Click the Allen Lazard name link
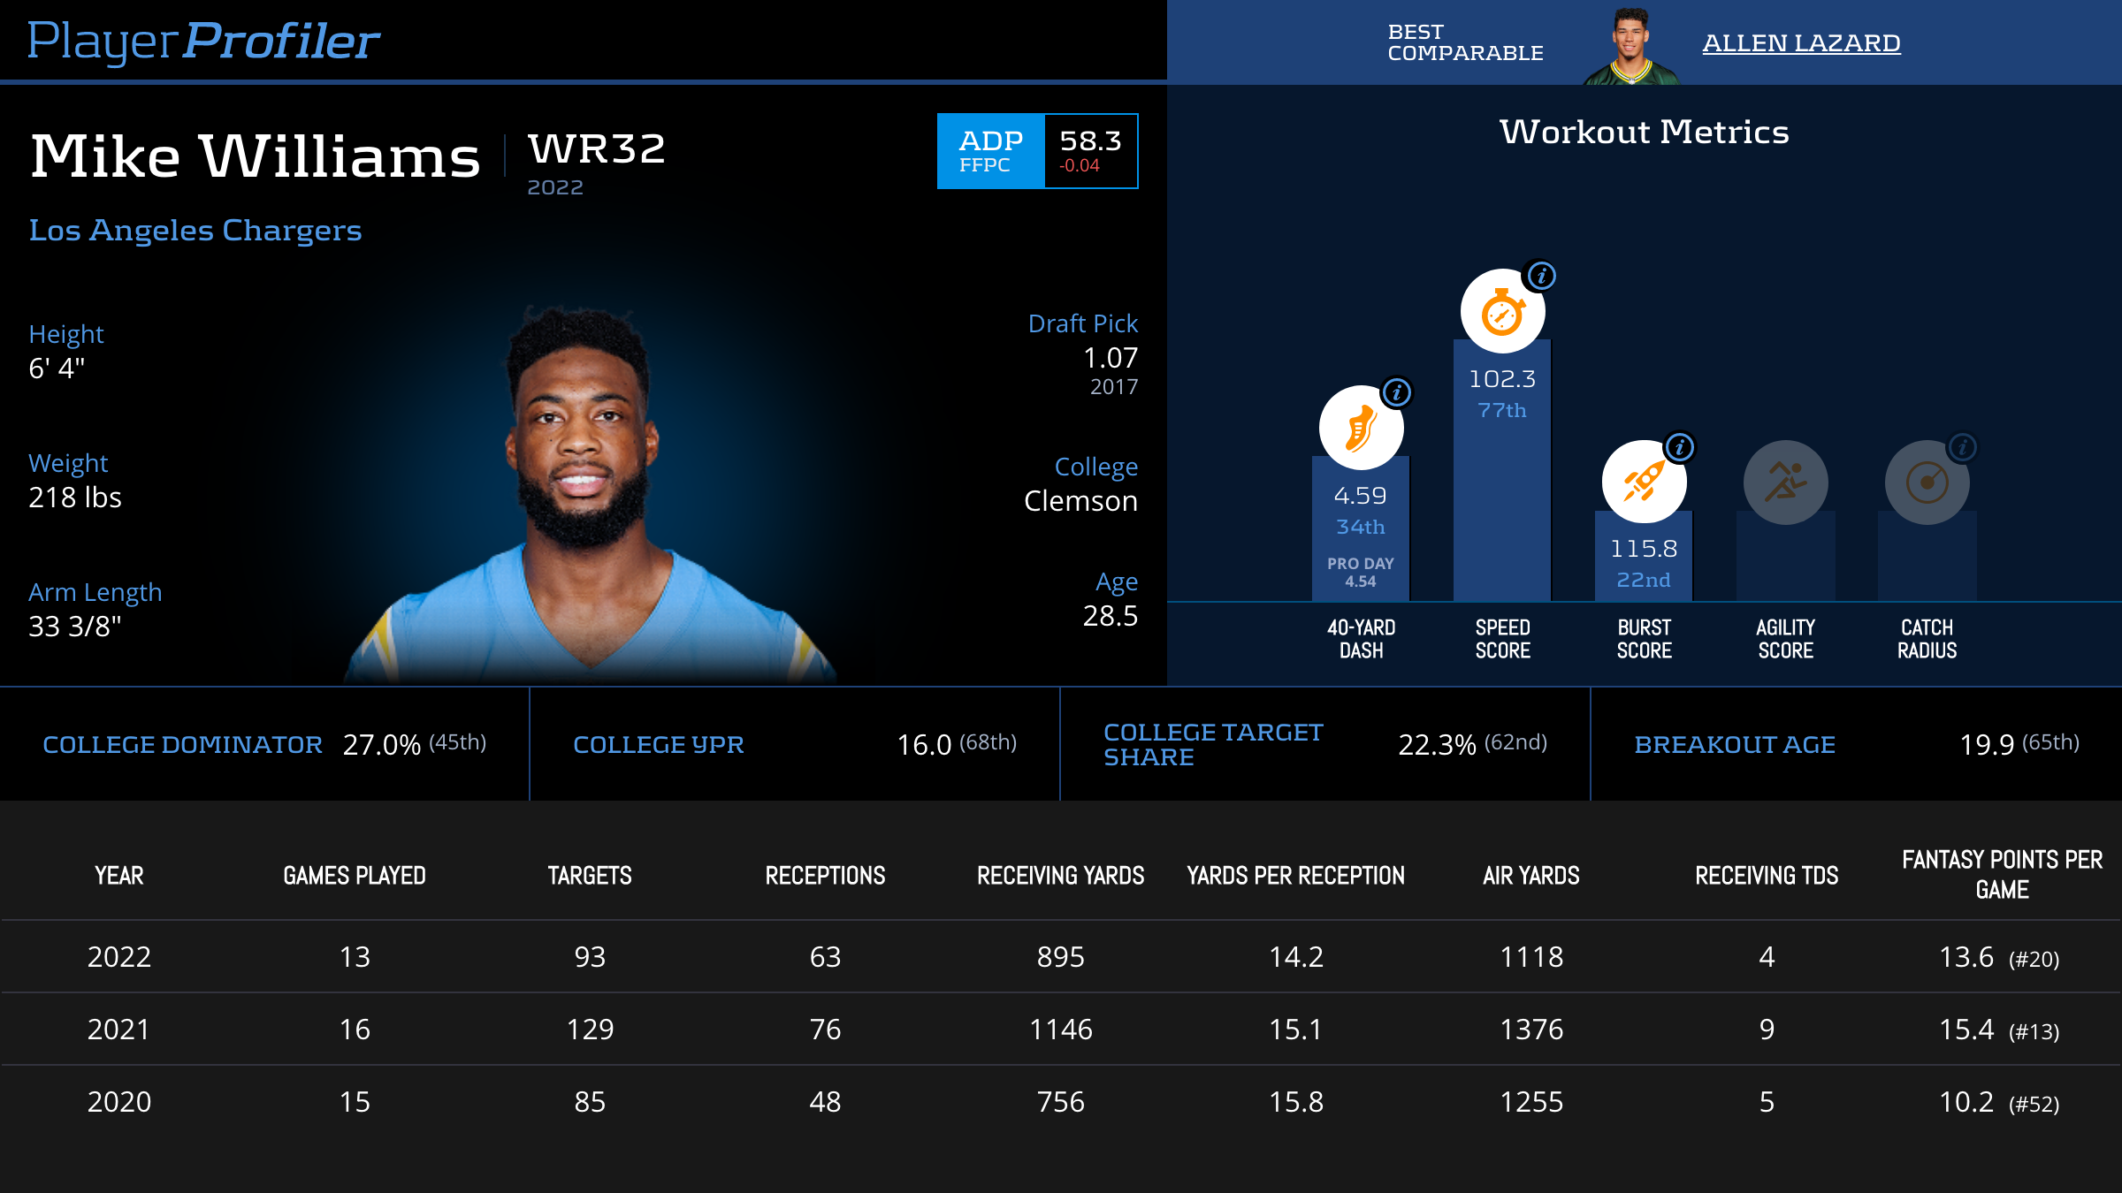1801,43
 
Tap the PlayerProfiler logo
203,42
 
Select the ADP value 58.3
1090,141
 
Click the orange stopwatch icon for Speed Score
1502,312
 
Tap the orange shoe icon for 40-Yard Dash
1361,429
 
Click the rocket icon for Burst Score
1644,483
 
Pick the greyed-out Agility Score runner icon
1785,483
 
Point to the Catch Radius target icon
1927,483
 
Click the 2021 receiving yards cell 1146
1060,1030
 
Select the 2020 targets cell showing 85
590,1102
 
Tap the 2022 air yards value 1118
1531,957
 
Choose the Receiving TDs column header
1767,876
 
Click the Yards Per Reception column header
1295,876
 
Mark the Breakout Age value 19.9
1987,745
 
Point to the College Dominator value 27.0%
382,745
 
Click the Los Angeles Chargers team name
195,231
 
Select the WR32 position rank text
597,148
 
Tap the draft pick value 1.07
1111,358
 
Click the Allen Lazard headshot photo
1631,46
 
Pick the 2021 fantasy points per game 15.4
1966,1030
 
